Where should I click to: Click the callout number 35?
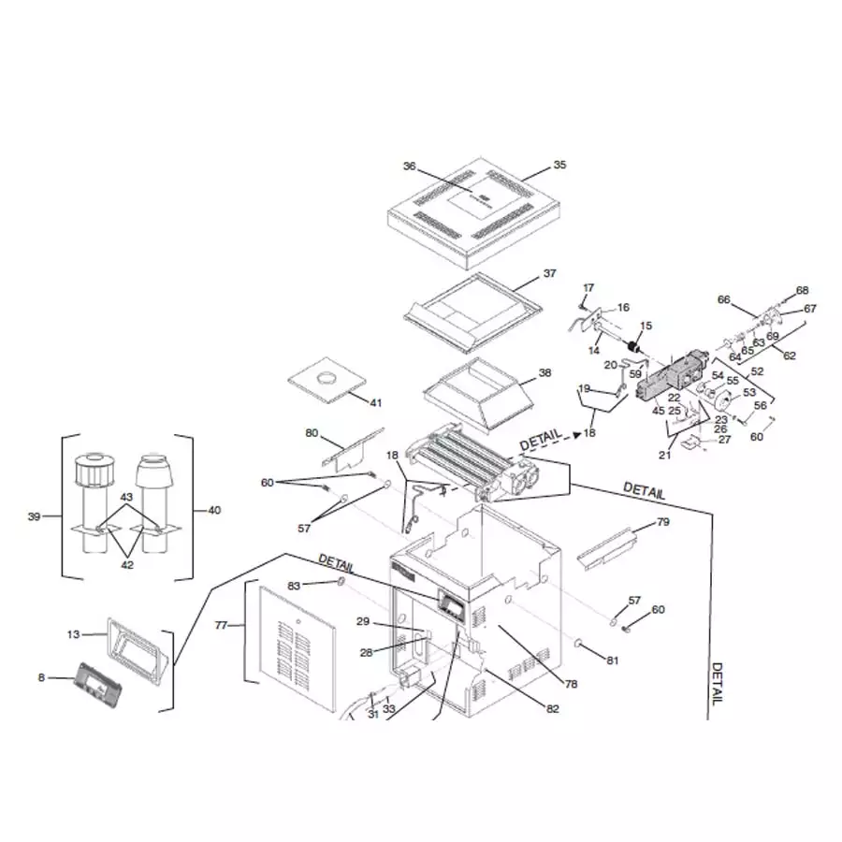coord(559,165)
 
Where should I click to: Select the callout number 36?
coord(409,167)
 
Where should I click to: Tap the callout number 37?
coord(549,274)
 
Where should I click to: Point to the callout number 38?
coord(544,372)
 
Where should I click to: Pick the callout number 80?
coord(312,433)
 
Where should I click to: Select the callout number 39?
coord(35,516)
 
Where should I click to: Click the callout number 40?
coord(214,510)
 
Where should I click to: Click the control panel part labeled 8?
coord(98,681)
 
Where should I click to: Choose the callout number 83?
coord(294,586)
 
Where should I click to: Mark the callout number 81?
coord(612,661)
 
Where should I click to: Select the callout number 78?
coord(571,684)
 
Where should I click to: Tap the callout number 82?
coord(553,708)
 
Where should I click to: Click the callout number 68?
coord(802,290)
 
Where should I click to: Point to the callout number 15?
coord(646,325)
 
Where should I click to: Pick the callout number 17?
coord(588,287)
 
